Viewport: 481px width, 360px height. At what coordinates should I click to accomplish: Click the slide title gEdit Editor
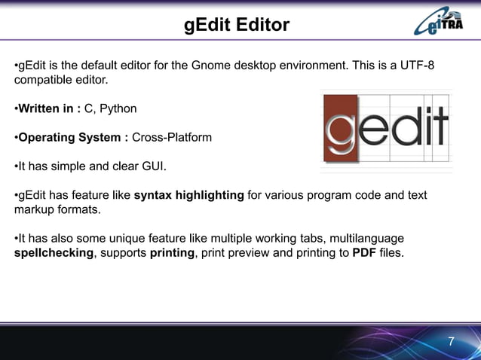pos(237,26)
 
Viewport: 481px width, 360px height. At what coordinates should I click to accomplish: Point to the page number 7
pos(451,342)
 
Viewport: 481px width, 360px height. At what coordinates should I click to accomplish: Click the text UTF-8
pos(418,65)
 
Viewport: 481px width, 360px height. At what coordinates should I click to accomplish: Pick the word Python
pos(120,109)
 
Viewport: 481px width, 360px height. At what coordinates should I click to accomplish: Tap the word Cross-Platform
pos(172,138)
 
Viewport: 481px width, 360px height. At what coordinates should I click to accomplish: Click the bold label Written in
pos(48,109)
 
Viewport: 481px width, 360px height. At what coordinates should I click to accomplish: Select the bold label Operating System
pos(72,138)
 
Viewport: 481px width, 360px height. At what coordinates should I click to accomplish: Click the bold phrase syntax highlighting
pos(188,195)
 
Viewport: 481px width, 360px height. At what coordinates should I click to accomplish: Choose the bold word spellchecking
pos(53,253)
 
